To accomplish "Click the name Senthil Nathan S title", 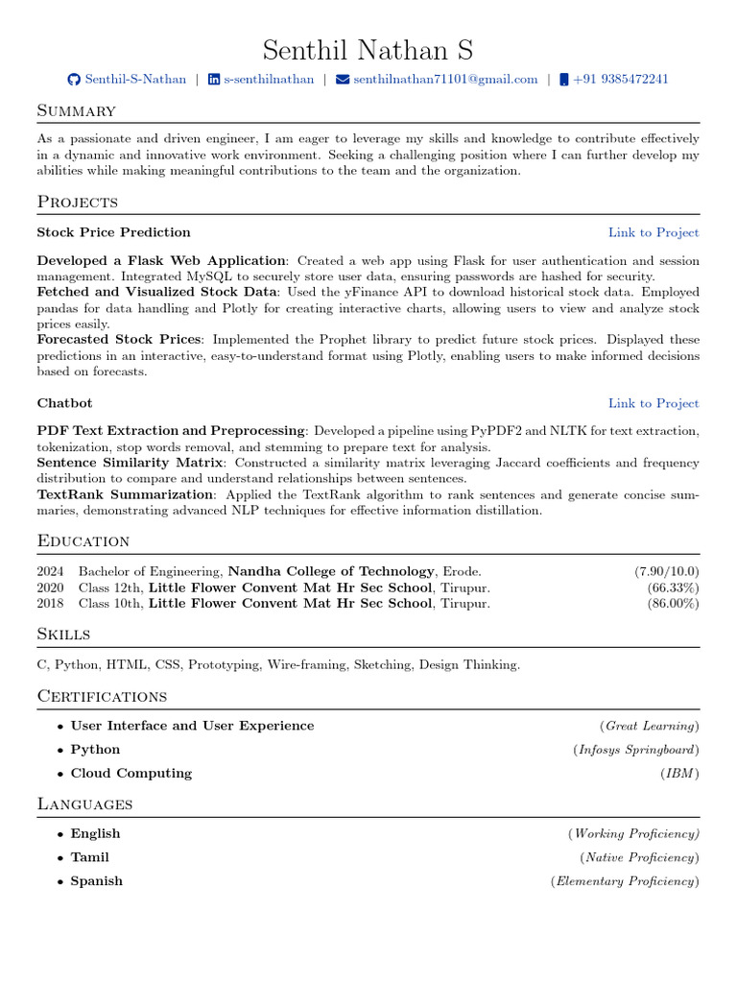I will [368, 50].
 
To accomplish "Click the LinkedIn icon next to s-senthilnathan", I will [214, 80].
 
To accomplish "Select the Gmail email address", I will [445, 80].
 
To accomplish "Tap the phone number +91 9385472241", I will [620, 80].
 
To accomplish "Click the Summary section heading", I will [77, 111].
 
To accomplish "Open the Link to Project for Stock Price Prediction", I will [653, 232].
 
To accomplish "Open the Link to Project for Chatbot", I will [653, 403].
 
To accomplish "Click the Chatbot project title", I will [64, 403].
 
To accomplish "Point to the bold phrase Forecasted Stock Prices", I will [119, 339].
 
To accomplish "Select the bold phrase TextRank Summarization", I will [126, 494].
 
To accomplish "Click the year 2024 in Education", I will [50, 571].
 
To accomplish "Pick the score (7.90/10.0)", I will [666, 571].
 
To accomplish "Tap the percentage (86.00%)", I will [673, 604].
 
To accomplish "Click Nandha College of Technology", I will [332, 571].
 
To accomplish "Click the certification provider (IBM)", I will [679, 773].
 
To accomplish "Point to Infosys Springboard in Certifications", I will [636, 750].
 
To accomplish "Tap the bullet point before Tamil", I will [60, 858].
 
